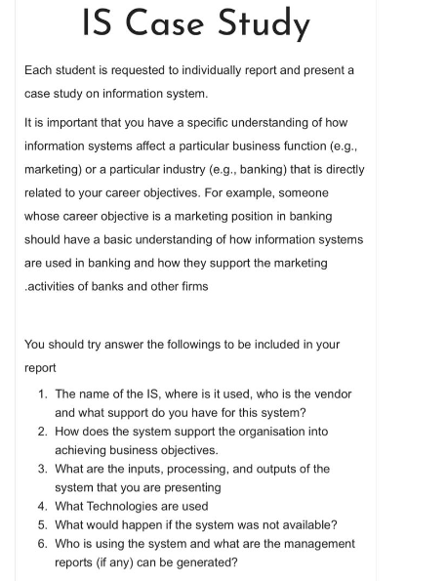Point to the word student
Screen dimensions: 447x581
coord(82,71)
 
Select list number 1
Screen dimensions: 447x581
coord(42,394)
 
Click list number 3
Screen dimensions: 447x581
coord(42,469)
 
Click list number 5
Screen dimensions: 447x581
coord(42,524)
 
